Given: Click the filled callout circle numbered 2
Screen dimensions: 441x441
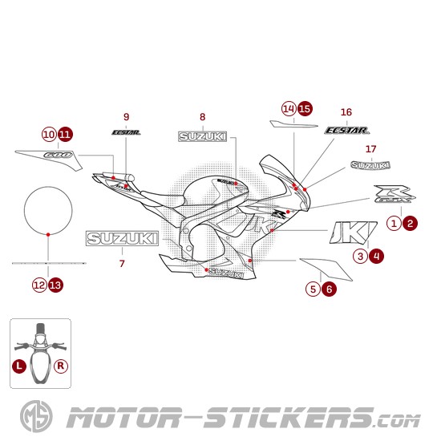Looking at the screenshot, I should (x=410, y=223).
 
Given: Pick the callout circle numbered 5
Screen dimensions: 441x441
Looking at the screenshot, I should (x=314, y=289).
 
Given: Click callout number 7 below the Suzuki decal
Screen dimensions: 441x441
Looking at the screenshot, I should (x=122, y=262).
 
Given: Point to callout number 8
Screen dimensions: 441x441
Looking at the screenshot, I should (x=202, y=117).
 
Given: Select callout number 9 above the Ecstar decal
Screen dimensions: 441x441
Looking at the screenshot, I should (x=126, y=116).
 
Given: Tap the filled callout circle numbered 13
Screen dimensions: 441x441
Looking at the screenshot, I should (x=55, y=284).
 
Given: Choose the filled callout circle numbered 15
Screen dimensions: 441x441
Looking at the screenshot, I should (x=304, y=108).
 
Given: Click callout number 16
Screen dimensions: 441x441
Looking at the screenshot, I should (x=346, y=111).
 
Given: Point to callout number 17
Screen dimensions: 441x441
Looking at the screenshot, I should (x=370, y=149).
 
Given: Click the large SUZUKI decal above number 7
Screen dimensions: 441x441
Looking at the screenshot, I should (x=122, y=239).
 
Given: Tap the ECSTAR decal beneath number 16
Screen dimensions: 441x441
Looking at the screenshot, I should (x=347, y=129).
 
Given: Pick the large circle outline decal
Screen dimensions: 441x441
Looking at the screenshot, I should (x=50, y=210).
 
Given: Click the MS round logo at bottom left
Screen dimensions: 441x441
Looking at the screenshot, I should (x=30, y=417).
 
